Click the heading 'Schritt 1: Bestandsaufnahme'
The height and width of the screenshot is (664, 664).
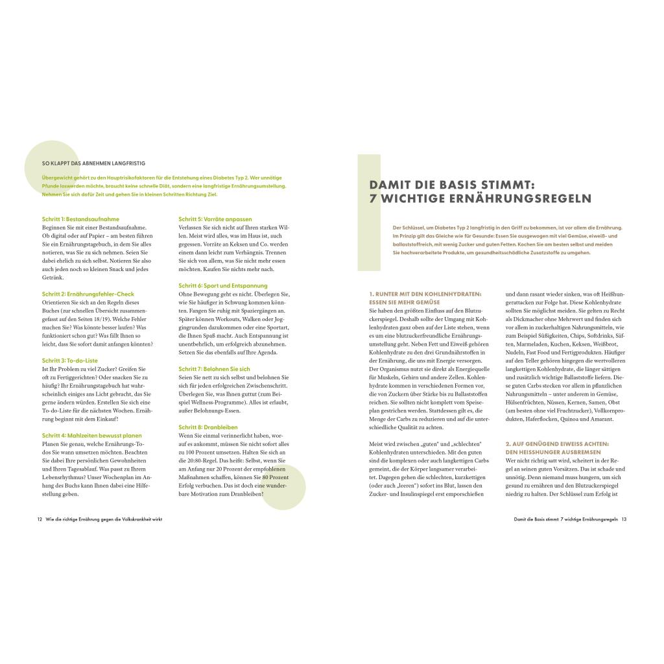tap(80, 219)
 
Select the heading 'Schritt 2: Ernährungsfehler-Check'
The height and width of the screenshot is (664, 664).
tap(88, 294)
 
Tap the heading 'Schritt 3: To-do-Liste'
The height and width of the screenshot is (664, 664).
tap(70, 360)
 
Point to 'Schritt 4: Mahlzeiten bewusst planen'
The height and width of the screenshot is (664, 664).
tap(91, 435)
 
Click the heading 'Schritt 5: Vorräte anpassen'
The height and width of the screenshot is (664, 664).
tap(215, 219)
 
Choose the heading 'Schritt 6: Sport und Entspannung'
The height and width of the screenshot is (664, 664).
tap(223, 285)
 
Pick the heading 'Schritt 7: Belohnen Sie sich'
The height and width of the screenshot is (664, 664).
tap(214, 368)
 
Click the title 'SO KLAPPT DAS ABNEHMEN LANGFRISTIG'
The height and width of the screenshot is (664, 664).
tap(94, 164)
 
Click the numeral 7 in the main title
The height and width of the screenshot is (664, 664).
tap(373, 198)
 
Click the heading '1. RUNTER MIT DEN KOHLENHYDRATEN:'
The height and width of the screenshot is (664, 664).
tap(425, 294)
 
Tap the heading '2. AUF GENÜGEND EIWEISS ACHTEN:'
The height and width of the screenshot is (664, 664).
tap(557, 443)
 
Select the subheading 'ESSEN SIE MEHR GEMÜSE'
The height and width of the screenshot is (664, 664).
tap(405, 302)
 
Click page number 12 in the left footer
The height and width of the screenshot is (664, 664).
tap(40, 519)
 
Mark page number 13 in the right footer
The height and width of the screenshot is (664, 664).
tap(624, 519)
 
